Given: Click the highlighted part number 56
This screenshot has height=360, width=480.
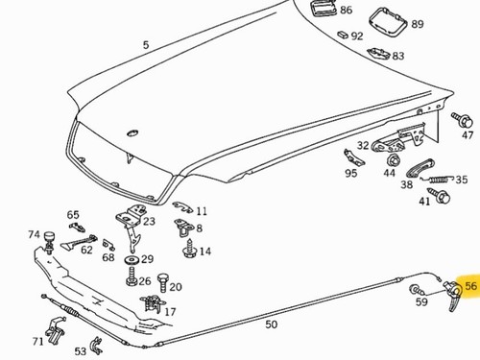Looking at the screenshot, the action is (470, 285).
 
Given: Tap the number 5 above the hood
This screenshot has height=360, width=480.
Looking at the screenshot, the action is (146, 45).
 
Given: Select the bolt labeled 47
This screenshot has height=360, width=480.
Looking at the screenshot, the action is (463, 119).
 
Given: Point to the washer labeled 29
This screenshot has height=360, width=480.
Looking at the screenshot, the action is (132, 260).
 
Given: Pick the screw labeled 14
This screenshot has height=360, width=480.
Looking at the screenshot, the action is (189, 249).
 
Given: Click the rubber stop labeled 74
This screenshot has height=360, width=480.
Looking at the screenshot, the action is (49, 242).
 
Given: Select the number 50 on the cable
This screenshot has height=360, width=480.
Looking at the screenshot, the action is (271, 324).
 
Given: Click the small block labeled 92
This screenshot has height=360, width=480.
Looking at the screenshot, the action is (343, 35).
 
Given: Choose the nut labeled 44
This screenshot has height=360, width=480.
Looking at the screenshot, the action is (394, 160).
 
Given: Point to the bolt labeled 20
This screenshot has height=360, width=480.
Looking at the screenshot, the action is (163, 282).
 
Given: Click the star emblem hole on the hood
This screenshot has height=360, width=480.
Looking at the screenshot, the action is (132, 133).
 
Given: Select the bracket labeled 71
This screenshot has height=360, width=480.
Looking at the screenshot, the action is (56, 330).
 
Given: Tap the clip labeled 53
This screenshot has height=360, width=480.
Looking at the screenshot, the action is (96, 346).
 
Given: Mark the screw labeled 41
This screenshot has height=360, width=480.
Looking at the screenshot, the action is (441, 195).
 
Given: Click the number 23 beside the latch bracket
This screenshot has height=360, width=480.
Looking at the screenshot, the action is (149, 221).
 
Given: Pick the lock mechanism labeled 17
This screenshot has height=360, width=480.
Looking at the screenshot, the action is (153, 303).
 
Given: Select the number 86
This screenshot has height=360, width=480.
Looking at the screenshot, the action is (346, 11).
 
